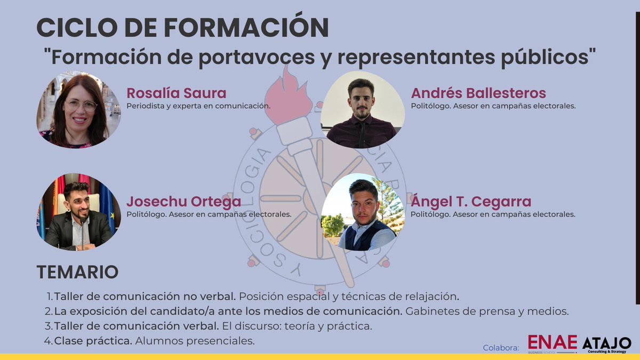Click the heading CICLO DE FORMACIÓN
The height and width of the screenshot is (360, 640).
click(x=182, y=27)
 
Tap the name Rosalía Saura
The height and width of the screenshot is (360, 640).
click(x=176, y=93)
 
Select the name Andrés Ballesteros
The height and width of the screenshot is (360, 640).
click(x=478, y=93)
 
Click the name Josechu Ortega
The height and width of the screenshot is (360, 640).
click(x=183, y=202)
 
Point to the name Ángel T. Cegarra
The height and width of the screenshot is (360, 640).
click(x=471, y=202)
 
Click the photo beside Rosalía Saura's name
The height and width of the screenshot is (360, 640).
click(x=78, y=111)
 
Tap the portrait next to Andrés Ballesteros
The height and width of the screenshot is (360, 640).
click(x=362, y=110)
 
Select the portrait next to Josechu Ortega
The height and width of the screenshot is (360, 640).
click(x=78, y=212)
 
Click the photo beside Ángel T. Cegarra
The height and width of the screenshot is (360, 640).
click(x=362, y=212)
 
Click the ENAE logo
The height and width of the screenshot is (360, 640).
click(x=552, y=343)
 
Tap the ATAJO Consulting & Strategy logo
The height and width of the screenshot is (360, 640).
click(x=606, y=344)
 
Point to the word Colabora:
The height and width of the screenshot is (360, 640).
click(x=501, y=348)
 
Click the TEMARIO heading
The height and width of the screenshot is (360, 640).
click(x=77, y=272)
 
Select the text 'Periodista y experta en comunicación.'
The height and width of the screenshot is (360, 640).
click(x=198, y=106)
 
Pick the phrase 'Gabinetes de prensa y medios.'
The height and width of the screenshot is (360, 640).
click(x=487, y=310)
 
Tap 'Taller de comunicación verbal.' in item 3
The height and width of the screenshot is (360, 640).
click(x=136, y=325)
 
